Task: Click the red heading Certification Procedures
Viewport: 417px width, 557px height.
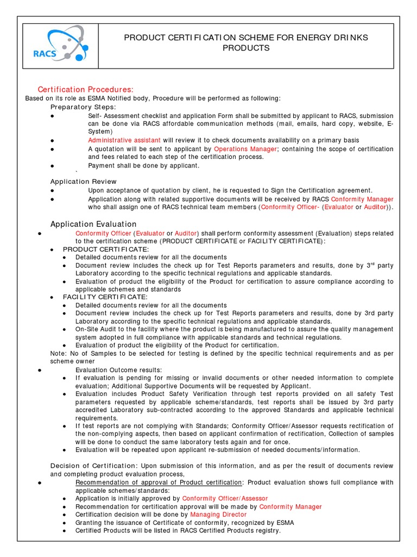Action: (x=85, y=89)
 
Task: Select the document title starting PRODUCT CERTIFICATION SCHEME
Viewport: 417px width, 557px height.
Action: (x=246, y=42)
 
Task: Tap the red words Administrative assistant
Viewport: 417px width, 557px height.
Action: (x=124, y=140)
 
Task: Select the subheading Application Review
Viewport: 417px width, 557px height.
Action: (x=83, y=181)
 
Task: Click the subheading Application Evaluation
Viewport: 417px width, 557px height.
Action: (x=93, y=224)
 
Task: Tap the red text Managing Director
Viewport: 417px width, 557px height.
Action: (x=218, y=514)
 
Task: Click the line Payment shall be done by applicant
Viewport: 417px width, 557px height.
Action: (x=143, y=165)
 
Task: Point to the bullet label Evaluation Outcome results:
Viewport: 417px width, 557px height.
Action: (x=118, y=369)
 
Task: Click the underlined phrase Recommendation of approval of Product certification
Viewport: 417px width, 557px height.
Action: (x=159, y=482)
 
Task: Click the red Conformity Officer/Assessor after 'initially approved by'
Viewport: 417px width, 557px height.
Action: (x=225, y=498)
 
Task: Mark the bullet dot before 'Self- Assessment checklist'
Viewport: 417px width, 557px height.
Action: (x=52, y=116)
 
